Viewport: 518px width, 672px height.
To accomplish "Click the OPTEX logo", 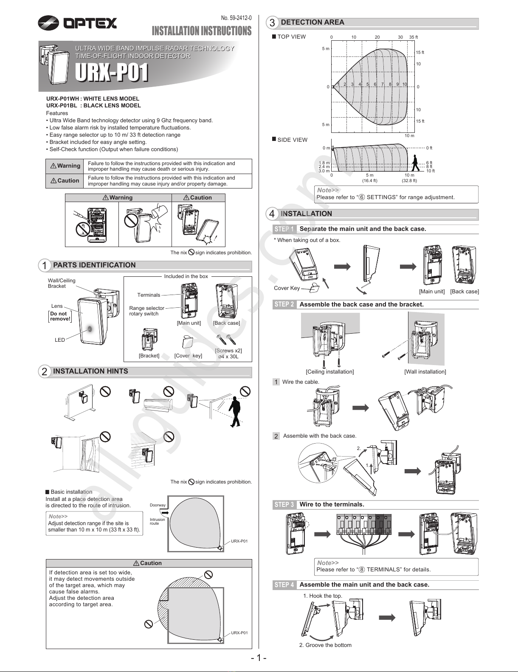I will click(77, 22).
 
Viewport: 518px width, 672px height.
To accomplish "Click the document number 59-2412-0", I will click(236, 18).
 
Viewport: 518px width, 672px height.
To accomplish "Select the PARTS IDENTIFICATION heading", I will click(94, 265).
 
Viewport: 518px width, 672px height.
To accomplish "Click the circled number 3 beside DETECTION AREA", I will click(272, 22).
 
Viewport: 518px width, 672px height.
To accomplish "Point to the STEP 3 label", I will click(284, 505).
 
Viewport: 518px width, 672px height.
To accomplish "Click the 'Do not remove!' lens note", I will click(60, 316).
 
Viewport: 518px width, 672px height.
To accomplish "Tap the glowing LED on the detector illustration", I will click(90, 329).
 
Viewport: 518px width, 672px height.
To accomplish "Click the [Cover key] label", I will click(188, 356).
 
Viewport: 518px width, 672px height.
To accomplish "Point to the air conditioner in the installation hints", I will click(158, 404).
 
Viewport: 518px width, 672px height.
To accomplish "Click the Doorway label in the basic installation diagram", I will click(158, 505).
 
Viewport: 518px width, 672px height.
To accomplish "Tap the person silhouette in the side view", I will click(415, 163).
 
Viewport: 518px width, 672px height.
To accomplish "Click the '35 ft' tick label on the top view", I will click(414, 37).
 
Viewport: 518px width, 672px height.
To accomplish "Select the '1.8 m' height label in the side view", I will click(324, 163).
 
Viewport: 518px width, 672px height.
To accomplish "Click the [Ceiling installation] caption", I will click(329, 372).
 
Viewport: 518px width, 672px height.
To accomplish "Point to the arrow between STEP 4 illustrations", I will click(387, 618).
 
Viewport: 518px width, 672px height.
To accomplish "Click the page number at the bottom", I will click(259, 658).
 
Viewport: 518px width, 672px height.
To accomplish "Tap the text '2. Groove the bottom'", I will click(325, 645).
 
